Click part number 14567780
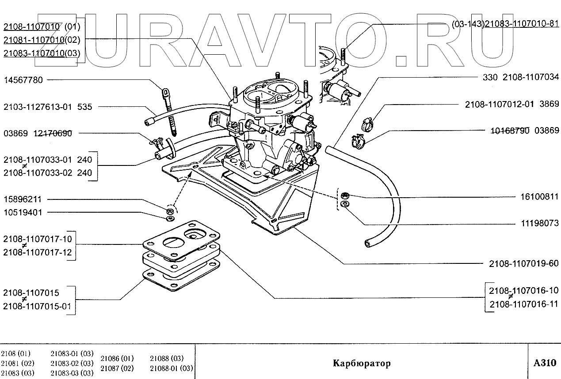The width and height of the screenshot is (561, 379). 23,80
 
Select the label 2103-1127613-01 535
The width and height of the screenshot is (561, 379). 48,107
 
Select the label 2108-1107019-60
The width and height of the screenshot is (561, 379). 523,264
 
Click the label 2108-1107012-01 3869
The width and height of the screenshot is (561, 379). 511,105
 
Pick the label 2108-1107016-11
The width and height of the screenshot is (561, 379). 523,304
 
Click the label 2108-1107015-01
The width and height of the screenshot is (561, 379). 37,306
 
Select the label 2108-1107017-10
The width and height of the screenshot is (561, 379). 37,240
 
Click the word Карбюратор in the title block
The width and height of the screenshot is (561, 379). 362,364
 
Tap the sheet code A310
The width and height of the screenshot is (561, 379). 545,363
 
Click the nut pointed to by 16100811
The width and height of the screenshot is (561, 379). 346,195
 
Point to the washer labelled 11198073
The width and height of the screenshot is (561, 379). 345,204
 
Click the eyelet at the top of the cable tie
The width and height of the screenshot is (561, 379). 166,93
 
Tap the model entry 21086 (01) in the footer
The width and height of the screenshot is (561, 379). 117,358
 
